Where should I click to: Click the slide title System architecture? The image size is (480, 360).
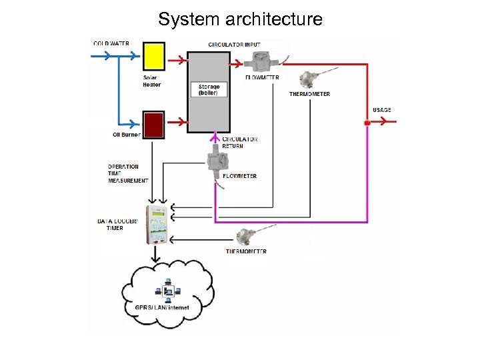pyautogui.click(x=240, y=19)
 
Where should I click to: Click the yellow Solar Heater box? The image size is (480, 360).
pyautogui.click(x=154, y=56)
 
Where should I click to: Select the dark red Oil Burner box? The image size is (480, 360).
pyautogui.click(x=154, y=125)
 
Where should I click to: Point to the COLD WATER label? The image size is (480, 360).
pyautogui.click(x=111, y=44)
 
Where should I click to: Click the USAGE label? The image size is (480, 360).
pyautogui.click(x=382, y=110)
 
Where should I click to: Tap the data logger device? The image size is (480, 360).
pyautogui.click(x=157, y=223)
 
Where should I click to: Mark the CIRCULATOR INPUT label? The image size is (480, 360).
pyautogui.click(x=234, y=45)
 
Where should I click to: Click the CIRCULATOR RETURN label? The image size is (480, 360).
pyautogui.click(x=240, y=143)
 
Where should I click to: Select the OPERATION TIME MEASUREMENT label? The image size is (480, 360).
pyautogui.click(x=127, y=173)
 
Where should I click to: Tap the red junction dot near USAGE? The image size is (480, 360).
pyautogui.click(x=366, y=123)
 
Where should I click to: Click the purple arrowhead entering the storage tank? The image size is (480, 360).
pyautogui.click(x=215, y=137)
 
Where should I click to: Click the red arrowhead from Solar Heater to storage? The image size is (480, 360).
pyautogui.click(x=180, y=61)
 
